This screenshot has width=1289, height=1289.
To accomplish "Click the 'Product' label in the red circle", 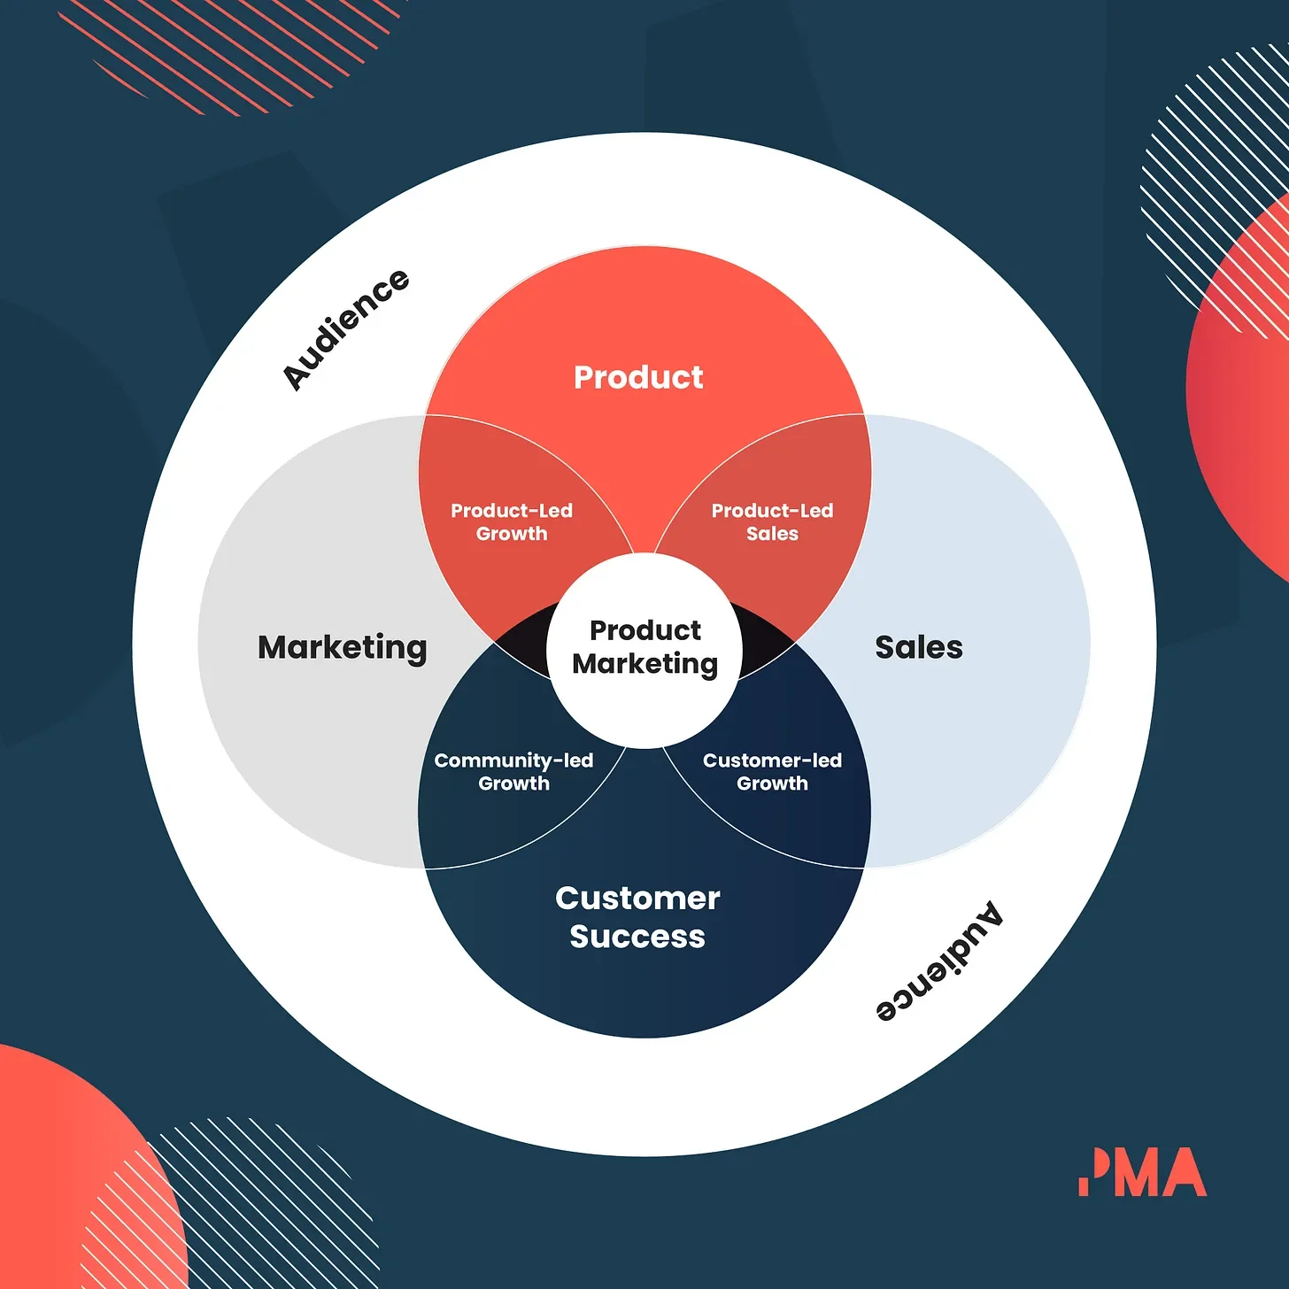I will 638,377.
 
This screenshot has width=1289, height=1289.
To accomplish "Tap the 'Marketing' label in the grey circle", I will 342,648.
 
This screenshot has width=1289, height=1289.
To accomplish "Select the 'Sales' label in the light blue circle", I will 918,647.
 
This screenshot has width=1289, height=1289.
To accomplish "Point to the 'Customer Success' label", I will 637,917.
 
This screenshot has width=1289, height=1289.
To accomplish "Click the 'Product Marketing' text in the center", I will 644,647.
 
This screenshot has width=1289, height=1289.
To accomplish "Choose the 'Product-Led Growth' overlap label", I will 512,522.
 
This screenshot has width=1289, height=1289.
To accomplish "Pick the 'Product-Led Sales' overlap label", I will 772,522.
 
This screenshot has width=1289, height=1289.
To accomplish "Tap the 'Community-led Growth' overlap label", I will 513,772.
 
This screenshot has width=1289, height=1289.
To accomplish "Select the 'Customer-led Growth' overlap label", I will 772,772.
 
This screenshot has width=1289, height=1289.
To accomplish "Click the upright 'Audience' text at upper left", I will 345,329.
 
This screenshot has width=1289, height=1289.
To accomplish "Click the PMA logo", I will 1142,1172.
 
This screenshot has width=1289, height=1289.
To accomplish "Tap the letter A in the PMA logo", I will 1183,1172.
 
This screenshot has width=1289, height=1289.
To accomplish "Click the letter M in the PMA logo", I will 1133,1172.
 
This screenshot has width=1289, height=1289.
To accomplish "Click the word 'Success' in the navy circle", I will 637,937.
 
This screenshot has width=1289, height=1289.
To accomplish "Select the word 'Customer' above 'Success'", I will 637,899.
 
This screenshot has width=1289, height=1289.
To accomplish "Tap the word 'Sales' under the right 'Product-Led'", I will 772,534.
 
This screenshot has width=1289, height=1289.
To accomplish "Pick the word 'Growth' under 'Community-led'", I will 513,783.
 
